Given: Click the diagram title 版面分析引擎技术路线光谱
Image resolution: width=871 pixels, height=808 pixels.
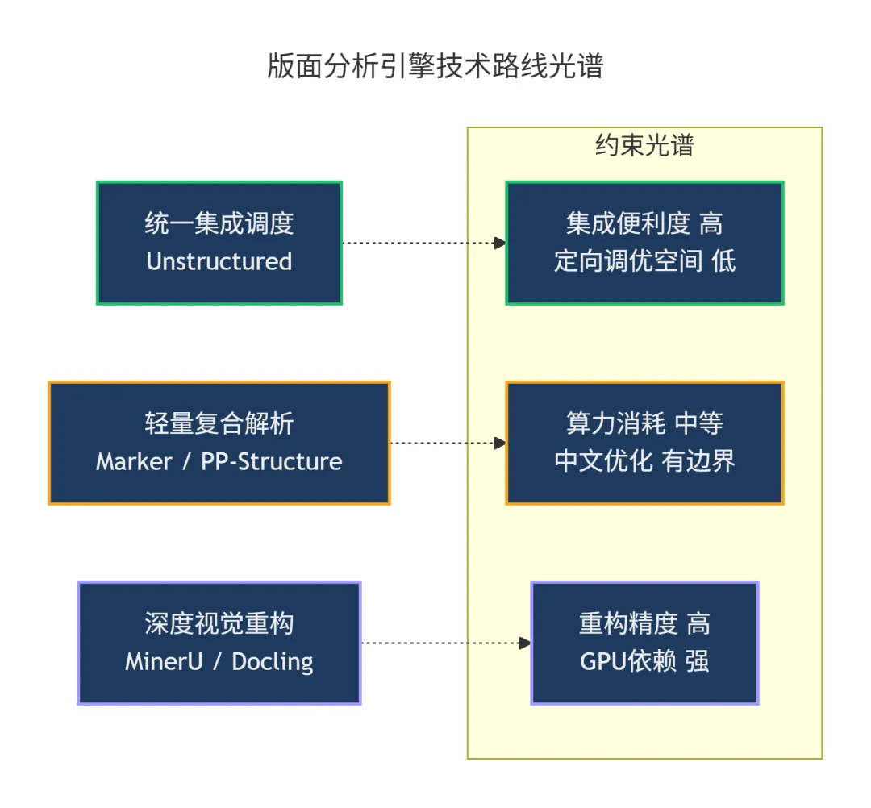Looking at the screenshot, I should pos(435,66).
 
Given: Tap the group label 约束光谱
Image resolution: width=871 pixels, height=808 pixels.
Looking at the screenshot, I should pos(644,145).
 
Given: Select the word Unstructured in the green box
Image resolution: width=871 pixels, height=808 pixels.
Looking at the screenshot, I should pos(219,261).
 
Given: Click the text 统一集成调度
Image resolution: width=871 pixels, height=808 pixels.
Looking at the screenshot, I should pos(219,223).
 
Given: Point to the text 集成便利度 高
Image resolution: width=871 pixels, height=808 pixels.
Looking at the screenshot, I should pos(644,223).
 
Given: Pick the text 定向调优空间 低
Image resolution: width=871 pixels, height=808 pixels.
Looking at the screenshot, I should pos(644,261).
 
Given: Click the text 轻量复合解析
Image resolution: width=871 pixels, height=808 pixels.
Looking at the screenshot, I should pos(219,423).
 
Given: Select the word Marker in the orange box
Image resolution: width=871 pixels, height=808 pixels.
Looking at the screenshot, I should pos(134,461).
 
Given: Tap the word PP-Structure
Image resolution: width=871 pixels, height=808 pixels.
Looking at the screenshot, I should pos(272,461).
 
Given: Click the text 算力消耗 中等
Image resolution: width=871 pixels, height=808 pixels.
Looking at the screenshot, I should pos(644,423).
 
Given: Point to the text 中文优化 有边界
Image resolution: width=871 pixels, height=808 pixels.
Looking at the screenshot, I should pos(644,461).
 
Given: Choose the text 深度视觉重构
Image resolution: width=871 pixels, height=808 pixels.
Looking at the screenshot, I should pos(219,623).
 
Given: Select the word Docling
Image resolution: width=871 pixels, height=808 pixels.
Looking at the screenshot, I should pos(273,662).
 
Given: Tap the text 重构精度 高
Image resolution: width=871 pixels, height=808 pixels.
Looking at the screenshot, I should pos(644,623).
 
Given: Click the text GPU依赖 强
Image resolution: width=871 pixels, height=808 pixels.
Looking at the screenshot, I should pos(644,662).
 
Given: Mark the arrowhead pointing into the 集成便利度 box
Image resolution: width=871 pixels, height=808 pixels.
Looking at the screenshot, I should pos(500,243).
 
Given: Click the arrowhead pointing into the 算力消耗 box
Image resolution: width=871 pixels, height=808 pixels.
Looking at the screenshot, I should pos(500,443).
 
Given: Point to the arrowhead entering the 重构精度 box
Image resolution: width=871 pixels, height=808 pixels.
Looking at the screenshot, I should pos(525,643).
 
